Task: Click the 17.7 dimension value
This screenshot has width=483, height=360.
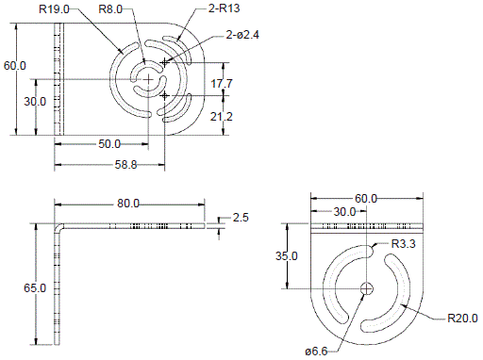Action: point(223,84)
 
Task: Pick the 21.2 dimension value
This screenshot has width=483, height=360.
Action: point(223,117)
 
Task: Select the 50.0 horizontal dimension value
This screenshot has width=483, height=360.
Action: point(109,144)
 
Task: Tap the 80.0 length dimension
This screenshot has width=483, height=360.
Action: point(128,204)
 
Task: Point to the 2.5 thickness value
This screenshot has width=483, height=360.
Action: point(241,218)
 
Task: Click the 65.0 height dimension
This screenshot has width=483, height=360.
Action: point(35,287)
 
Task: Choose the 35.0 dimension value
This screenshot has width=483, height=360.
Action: point(287,256)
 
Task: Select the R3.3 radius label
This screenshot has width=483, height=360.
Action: point(404,245)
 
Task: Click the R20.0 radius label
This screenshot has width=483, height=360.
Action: point(463,318)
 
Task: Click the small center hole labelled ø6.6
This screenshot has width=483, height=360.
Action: point(366,287)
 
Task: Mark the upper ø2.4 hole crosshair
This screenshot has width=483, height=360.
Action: point(165,62)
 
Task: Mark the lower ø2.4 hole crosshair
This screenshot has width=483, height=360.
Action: point(165,95)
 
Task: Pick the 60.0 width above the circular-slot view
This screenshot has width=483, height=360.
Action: point(365,199)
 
